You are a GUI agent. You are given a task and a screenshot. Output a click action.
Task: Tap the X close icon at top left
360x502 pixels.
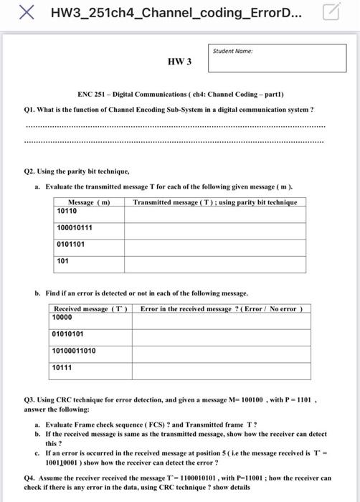tap(27, 12)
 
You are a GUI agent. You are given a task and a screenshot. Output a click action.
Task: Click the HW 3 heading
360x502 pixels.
tap(179, 62)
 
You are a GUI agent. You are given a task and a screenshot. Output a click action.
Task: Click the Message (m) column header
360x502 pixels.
tap(88, 202)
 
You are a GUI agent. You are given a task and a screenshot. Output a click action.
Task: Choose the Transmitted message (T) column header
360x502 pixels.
tap(214, 202)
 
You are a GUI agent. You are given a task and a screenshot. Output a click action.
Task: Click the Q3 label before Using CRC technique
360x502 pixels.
tap(30, 399)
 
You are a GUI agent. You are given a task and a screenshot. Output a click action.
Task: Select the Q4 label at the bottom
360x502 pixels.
tap(30, 478)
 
